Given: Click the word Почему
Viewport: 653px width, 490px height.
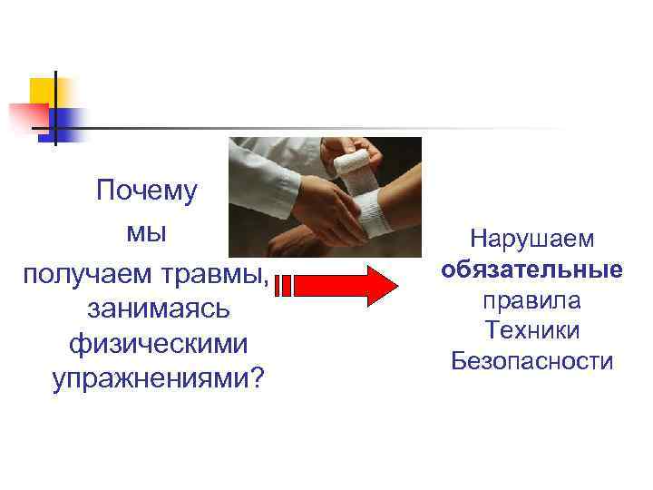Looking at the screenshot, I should [146, 191].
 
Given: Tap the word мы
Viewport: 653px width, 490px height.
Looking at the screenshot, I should [146, 232].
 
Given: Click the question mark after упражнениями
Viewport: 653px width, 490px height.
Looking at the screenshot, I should [258, 380].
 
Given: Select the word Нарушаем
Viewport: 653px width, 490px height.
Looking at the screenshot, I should [532, 240].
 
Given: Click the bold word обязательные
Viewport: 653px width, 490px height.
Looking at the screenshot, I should [532, 270].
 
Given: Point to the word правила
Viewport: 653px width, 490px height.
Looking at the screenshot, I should [532, 300].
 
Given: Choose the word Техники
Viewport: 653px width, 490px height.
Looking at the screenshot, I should [532, 330].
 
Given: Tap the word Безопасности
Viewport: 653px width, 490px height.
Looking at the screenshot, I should [532, 361].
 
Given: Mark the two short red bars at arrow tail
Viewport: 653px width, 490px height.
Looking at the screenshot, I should [282, 287].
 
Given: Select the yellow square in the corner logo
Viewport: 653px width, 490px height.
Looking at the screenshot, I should [42, 90].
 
